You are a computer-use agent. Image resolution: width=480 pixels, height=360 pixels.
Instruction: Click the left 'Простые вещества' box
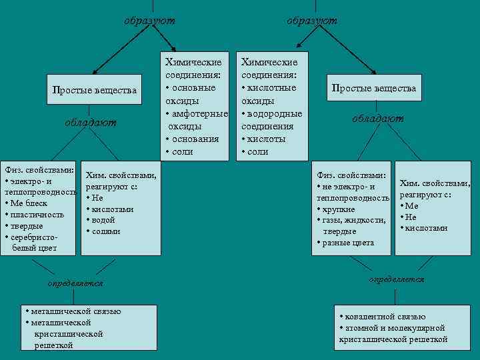(94, 90)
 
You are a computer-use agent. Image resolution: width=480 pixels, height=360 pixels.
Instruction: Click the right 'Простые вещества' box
(375, 88)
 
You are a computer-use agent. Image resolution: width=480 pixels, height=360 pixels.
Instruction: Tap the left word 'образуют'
(149, 21)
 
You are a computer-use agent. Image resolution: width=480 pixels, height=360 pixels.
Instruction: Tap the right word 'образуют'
(312, 21)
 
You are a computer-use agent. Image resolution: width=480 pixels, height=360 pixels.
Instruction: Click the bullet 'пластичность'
(37, 215)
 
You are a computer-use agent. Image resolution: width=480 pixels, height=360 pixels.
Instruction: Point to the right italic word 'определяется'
(396, 279)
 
